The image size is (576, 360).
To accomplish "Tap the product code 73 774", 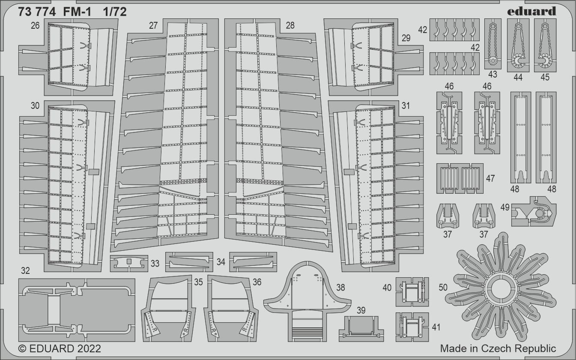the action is coord(37,12).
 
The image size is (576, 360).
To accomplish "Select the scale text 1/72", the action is coord(115,12).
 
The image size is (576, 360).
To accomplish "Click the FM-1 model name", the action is coord(78,12).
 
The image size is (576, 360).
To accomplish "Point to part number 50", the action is coord(443,288).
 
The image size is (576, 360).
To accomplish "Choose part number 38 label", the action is coord(340,288).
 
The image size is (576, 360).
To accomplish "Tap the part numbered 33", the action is coord(129,263).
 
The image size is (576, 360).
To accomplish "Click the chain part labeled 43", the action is coord(492,44).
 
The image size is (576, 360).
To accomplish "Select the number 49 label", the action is coord(505,207).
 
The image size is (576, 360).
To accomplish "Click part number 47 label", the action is coord(490,178).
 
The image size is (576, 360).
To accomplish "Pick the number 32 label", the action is coord(25,270).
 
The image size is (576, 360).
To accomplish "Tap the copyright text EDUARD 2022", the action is coord(60,349).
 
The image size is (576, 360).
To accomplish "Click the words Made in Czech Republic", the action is coord(498,348).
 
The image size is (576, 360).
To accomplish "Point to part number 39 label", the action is coord(361,310).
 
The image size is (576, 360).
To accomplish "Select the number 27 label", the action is coord(153,25).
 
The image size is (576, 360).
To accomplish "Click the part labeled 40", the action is coord(412,292).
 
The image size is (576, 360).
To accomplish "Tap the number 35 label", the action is coord(198,282).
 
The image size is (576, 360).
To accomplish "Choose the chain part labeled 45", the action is coord(545,45).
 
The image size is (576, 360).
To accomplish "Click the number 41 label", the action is coord(436,327).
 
